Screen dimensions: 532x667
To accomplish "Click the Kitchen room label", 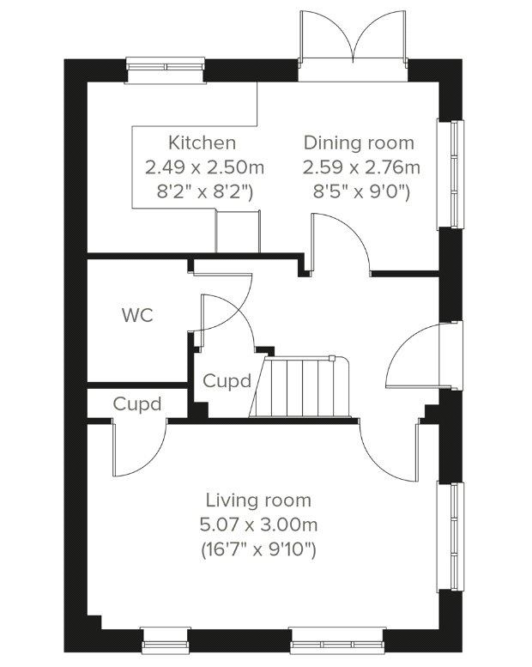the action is [x=202, y=142].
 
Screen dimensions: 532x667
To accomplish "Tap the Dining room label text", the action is [x=359, y=142].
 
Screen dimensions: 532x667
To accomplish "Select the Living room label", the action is [x=258, y=500].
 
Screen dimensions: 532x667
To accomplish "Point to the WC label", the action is [x=137, y=316].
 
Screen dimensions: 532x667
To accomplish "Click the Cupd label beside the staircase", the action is [x=227, y=381].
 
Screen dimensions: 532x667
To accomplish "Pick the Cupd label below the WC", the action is [x=137, y=403].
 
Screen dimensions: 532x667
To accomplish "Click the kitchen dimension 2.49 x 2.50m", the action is [x=204, y=167].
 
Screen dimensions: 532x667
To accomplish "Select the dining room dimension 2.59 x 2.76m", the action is [x=361, y=167].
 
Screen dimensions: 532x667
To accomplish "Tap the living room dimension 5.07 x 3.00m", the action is [x=258, y=525].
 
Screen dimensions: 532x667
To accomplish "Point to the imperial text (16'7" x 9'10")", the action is [x=258, y=550].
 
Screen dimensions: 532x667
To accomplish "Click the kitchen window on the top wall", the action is [x=166, y=71].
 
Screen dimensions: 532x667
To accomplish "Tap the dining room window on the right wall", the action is [x=450, y=174].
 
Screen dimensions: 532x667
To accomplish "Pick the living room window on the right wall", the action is [x=450, y=537].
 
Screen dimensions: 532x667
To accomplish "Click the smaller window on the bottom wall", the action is [x=166, y=640].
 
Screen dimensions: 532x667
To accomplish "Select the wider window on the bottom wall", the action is [x=338, y=640].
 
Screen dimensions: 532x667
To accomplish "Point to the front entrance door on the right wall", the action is [x=424, y=355].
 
